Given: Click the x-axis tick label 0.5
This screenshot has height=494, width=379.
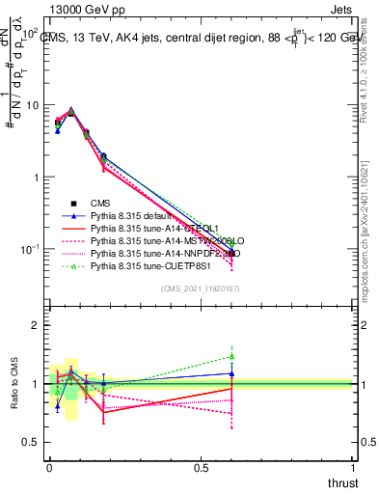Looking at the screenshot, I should (201, 468).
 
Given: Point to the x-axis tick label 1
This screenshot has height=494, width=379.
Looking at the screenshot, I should (353, 468).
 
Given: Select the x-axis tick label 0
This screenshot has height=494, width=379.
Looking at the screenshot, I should (49, 468).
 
